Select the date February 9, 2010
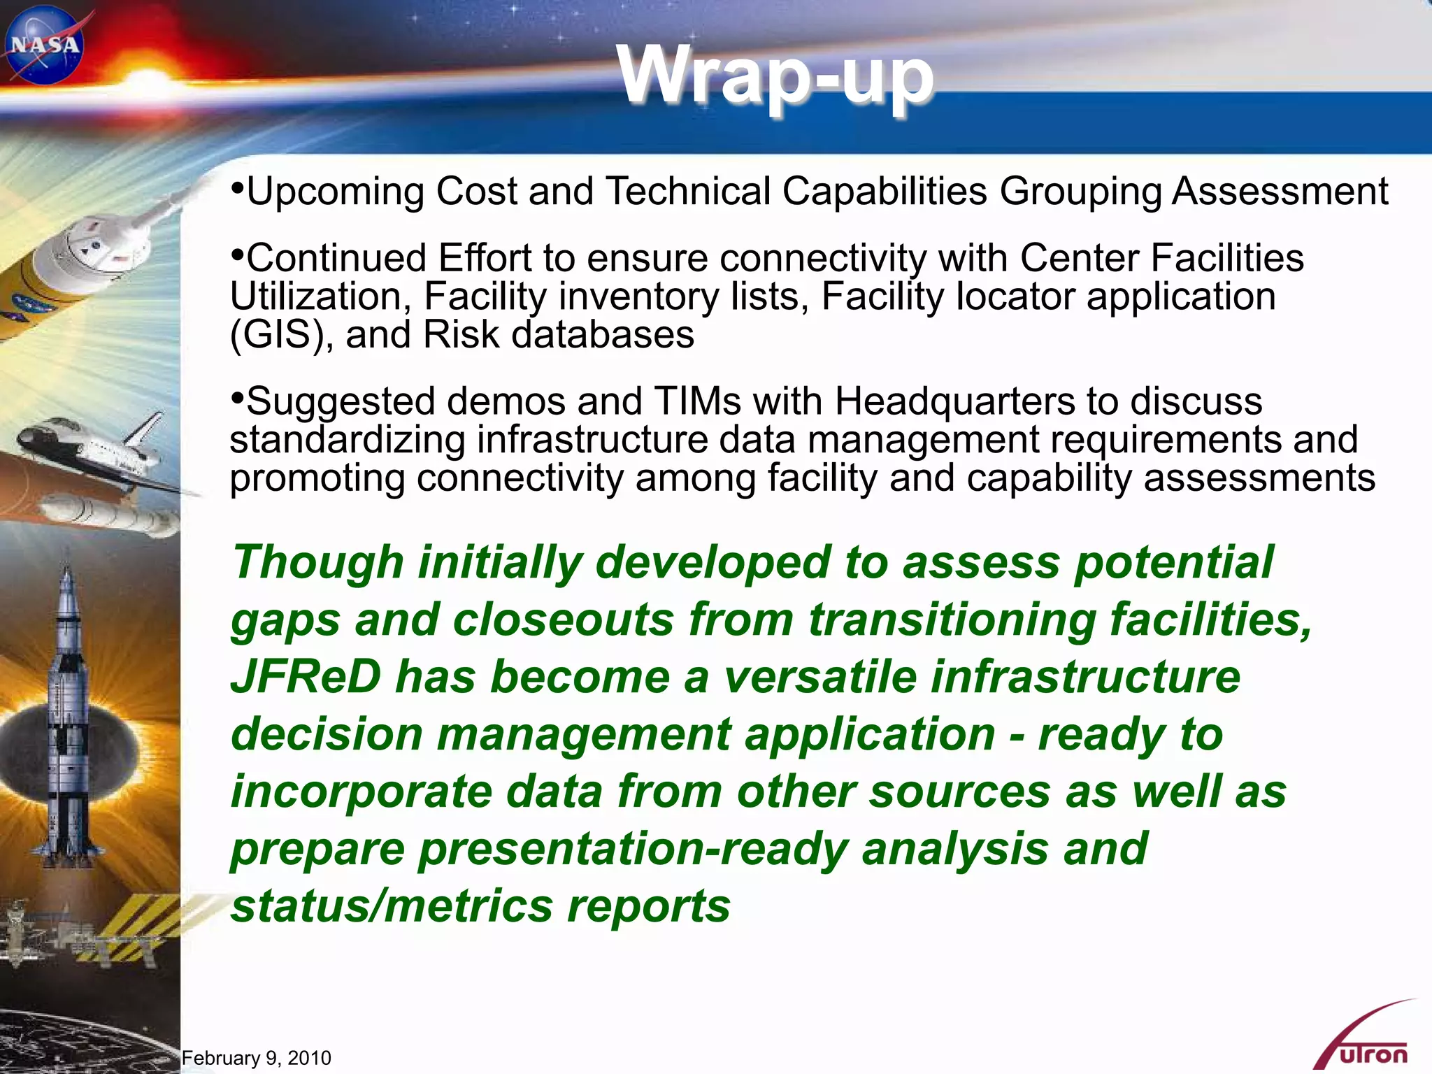(x=256, y=1058)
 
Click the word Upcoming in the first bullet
(x=335, y=192)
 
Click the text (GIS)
(x=277, y=335)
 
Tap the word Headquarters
(x=954, y=401)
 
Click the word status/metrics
(x=392, y=906)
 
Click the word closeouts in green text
(x=563, y=620)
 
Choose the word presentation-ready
(x=633, y=849)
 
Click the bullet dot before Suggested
(x=238, y=398)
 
